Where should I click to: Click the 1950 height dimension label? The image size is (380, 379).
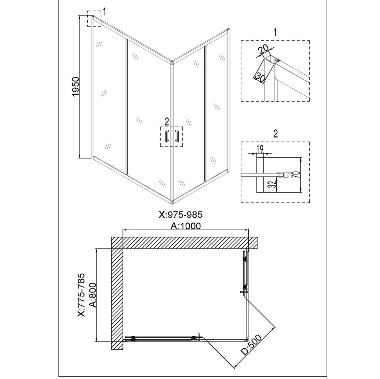75,88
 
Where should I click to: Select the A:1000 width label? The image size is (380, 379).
186,226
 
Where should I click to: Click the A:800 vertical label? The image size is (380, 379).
91,295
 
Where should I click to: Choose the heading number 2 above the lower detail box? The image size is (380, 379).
276,133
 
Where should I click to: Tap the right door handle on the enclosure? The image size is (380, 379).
177,137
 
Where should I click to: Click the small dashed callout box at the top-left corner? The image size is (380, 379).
94,19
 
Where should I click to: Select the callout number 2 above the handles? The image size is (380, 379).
166,121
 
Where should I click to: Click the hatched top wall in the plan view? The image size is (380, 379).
184,243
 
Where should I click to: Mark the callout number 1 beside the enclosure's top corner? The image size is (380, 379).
104,12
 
